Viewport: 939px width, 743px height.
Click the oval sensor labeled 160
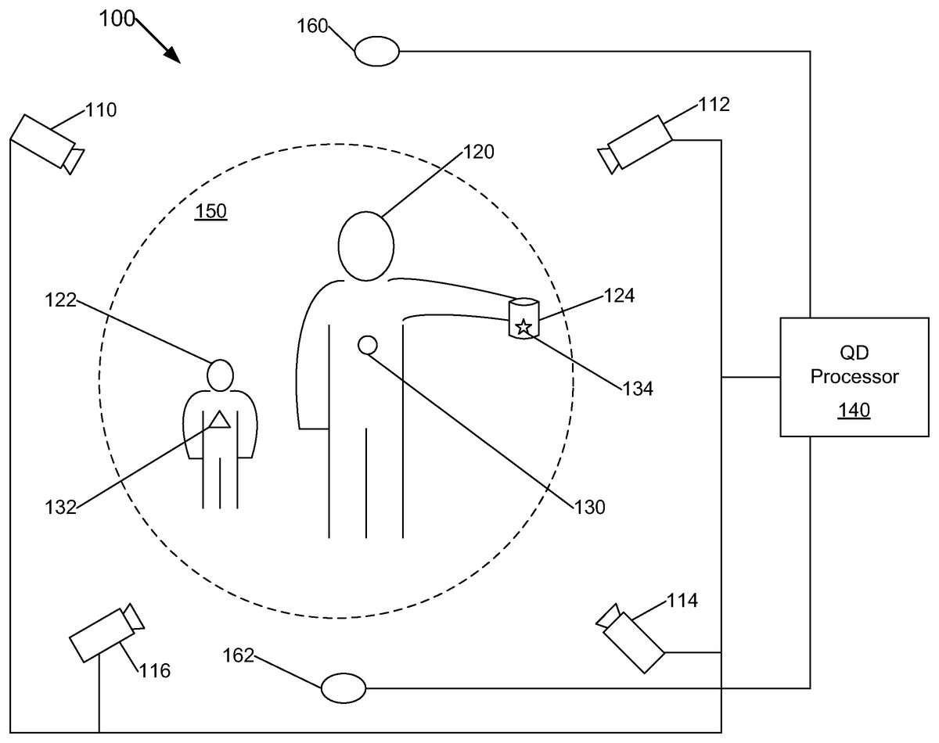(377, 52)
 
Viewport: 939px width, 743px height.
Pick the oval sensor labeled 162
(344, 687)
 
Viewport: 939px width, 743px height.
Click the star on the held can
(524, 327)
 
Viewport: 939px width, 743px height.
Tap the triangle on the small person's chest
(219, 420)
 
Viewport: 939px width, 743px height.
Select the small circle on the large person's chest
(367, 344)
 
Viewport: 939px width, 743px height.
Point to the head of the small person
(221, 375)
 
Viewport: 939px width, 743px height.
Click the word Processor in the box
(854, 377)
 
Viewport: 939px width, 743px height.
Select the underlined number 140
(854, 409)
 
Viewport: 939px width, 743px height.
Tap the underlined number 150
(210, 211)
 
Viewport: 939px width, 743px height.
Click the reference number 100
(117, 20)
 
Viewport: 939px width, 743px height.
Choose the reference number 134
(637, 387)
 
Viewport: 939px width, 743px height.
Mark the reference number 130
(589, 507)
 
